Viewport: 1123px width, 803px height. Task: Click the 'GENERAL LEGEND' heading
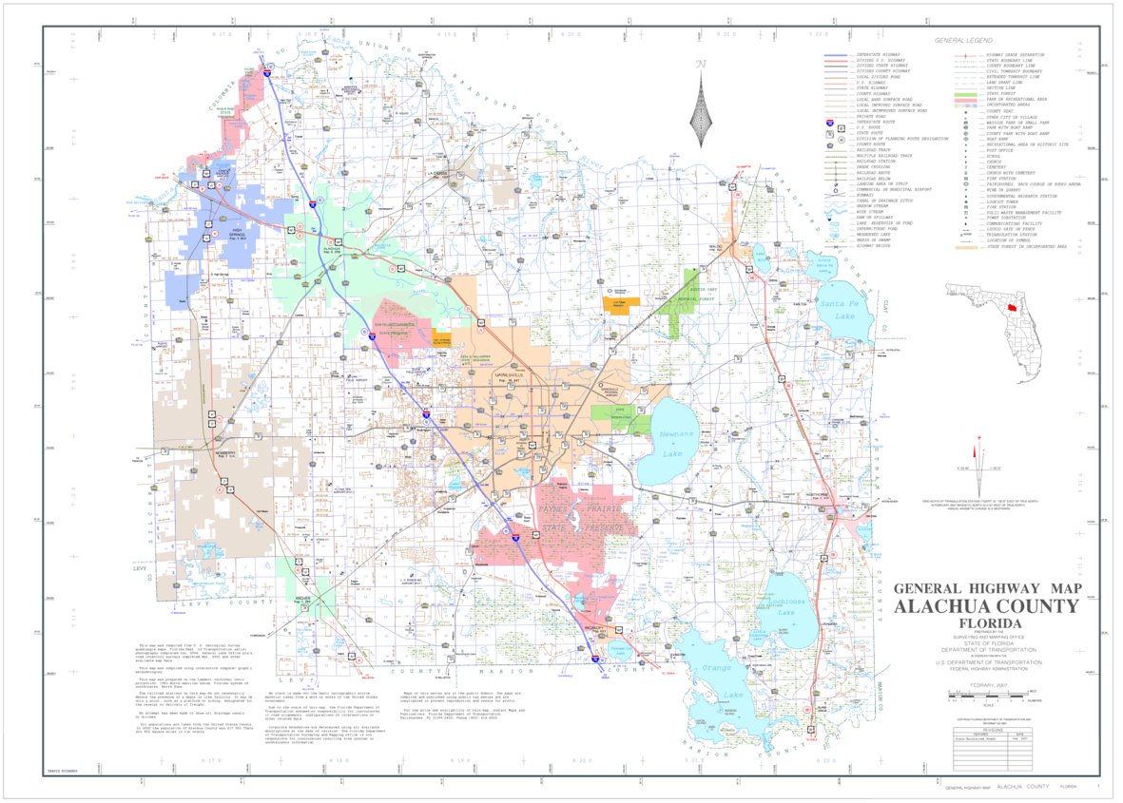click(x=962, y=41)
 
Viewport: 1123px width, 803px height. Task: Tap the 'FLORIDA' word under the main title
click(x=986, y=624)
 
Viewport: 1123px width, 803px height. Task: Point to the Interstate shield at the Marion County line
click(x=595, y=657)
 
